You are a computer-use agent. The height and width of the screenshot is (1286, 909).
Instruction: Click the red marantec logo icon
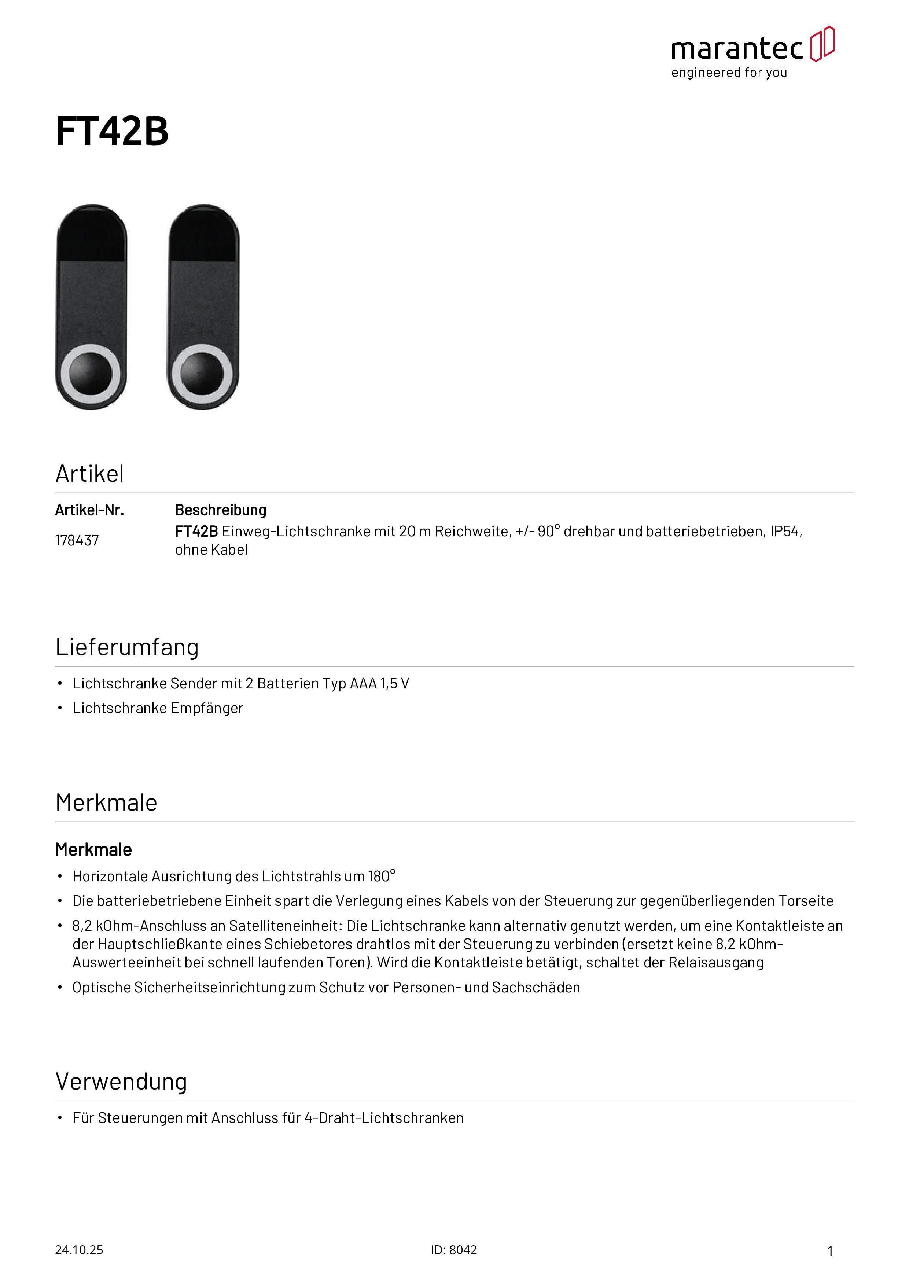click(822, 44)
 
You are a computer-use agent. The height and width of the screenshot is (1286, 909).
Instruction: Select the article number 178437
click(77, 540)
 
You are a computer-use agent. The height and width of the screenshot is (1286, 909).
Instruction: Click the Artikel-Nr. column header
click(89, 510)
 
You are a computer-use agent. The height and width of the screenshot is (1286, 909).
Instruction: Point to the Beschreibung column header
click(221, 510)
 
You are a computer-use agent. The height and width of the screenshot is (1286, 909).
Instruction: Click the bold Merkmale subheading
click(93, 850)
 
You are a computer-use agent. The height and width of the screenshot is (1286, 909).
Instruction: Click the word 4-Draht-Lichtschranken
click(384, 1118)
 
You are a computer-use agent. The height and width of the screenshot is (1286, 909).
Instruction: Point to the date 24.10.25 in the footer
click(79, 1250)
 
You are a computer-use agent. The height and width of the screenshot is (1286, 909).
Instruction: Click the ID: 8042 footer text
click(454, 1250)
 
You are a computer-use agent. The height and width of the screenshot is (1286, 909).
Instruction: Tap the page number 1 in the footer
click(830, 1251)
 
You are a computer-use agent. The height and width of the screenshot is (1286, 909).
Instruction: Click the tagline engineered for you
click(729, 73)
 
